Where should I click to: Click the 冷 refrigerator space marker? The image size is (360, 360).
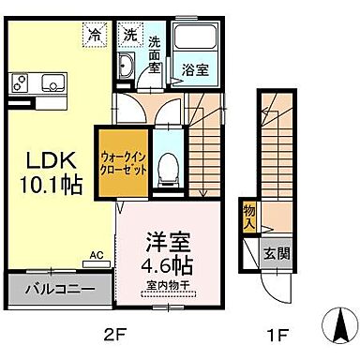[94, 34]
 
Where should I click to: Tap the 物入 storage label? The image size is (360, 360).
[248, 218]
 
